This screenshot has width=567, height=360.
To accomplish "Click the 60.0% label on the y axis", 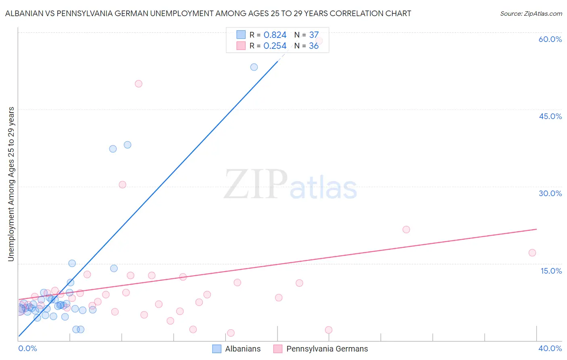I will coord(550,39).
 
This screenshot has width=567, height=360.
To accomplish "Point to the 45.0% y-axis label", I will coord(550,116).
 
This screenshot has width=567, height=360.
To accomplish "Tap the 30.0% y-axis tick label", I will coord(550,193).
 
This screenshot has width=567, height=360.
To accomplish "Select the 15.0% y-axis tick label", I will coord(551,271).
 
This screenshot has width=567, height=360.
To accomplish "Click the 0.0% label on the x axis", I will coord(27,348).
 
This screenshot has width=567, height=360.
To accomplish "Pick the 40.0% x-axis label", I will coord(550,348).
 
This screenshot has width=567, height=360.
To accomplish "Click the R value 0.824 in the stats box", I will coord(275,35).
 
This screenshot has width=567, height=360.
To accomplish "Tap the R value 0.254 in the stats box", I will coord(275,46).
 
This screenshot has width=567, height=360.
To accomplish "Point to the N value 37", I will coord(314,35).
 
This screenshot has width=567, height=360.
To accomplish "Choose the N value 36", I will coord(314,46).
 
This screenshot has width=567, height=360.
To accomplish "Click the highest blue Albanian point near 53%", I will coord(254,67).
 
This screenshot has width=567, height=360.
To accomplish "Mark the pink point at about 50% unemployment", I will coord(138,84).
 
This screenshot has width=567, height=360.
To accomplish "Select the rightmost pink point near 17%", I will coord(532,253).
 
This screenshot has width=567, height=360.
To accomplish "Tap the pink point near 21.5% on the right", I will coord(406,230).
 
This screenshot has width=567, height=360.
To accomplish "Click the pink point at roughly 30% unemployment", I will coord(123,184).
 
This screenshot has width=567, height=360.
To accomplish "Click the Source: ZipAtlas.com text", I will coord(531,14).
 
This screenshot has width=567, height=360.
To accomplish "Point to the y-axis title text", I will coord(11,184).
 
